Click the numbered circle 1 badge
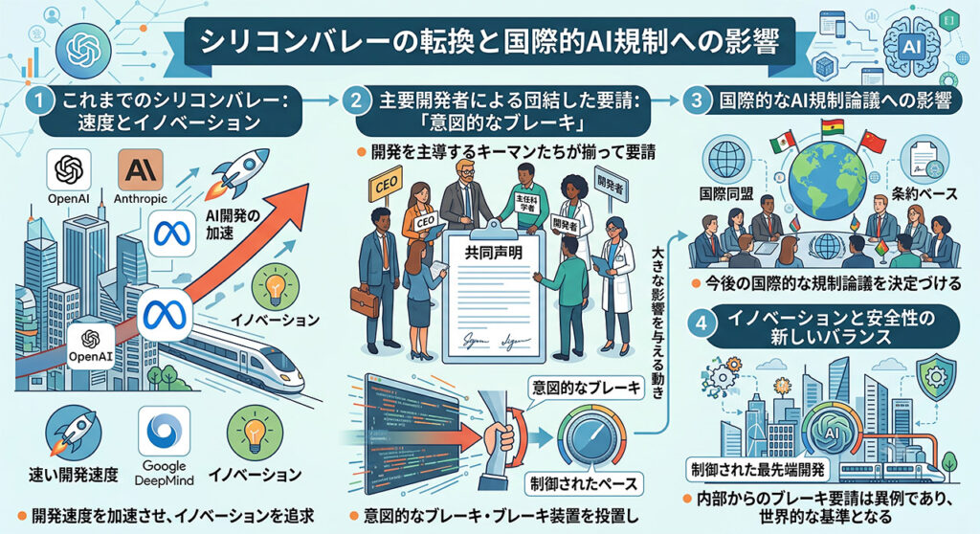coord(38,101)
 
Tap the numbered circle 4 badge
coord(701,323)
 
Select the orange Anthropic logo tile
coord(141,169)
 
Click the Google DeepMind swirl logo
coord(164,432)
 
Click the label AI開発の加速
coord(233,225)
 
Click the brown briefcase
coord(365,301)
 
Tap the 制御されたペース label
coord(583,483)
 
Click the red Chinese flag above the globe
coord(872,143)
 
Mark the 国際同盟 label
coord(725,194)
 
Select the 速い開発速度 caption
coord(73,476)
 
